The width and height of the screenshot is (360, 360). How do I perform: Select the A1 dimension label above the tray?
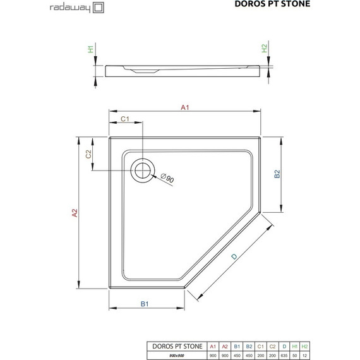tap(185, 107)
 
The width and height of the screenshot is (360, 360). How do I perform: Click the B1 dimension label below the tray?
tap(144, 304)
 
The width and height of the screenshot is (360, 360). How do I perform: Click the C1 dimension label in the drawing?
tap(124, 119)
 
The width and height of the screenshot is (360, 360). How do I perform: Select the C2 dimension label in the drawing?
tap(89, 153)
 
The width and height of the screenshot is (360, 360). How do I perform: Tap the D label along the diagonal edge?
tap(234, 256)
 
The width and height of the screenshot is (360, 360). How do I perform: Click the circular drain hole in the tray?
tap(142, 170)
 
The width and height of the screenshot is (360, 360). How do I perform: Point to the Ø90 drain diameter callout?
tap(167, 178)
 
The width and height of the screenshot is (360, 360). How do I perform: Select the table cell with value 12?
tap(306, 356)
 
